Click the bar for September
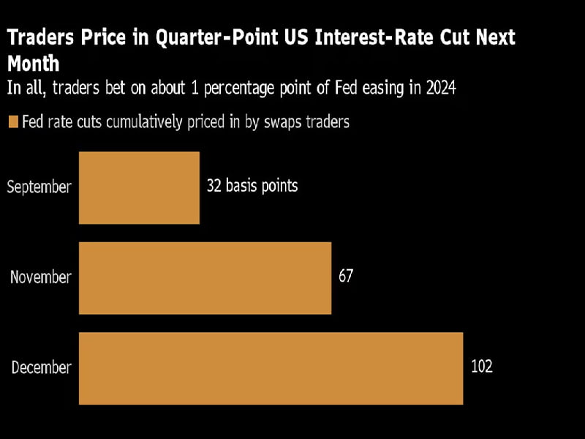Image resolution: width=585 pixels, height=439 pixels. (139, 187)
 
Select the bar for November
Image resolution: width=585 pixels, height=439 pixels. (205, 278)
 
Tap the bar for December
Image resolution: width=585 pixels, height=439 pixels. (271, 368)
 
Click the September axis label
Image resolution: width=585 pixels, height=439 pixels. (39, 187)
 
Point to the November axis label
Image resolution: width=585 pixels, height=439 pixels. (41, 278)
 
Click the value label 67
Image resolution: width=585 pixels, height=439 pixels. (347, 277)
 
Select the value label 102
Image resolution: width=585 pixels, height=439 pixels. (481, 367)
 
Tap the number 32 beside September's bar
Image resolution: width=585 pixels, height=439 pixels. (214, 186)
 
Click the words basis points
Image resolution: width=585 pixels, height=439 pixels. (261, 186)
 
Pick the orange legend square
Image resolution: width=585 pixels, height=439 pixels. (12, 122)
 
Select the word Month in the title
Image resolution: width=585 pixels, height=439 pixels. (33, 63)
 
